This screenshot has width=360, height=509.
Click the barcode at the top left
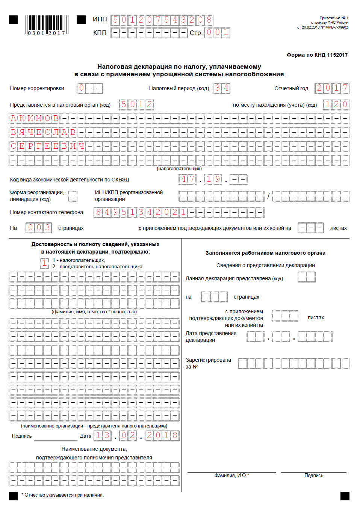(47, 25)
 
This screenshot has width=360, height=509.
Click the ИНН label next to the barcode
(100, 19)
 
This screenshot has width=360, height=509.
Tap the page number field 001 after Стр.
(217, 33)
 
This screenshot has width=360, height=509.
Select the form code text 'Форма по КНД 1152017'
(317, 55)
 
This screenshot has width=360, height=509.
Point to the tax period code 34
(222, 88)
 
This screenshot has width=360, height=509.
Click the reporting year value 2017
(332, 88)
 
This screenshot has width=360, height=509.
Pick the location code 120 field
(337, 104)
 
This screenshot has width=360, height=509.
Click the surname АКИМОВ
(35, 119)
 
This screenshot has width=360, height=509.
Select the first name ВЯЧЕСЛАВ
(43, 133)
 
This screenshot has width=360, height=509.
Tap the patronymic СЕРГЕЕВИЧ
(47, 146)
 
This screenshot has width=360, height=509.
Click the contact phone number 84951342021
(141, 212)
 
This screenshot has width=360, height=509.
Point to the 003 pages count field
(39, 228)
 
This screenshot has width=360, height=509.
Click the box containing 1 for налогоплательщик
(45, 263)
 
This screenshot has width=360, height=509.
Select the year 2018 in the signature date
(162, 435)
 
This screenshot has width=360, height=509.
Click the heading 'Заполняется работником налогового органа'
(265, 253)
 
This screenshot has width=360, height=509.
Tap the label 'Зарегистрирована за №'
(208, 363)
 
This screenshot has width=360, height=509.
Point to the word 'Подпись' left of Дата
(22, 436)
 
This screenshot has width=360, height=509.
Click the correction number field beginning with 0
(90, 88)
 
